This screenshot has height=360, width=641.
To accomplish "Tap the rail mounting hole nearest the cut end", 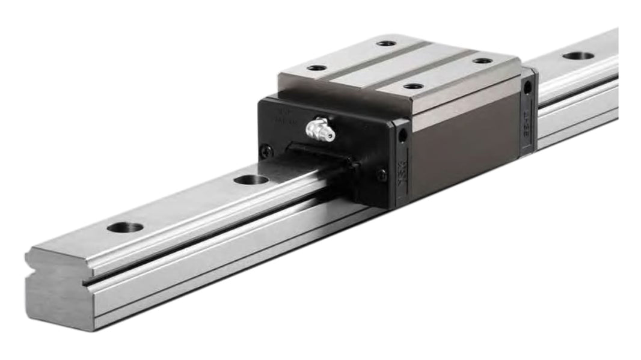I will tap(125, 227).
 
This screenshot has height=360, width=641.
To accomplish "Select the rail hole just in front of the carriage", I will tap(251, 179).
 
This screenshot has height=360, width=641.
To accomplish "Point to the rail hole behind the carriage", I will tap(578, 56).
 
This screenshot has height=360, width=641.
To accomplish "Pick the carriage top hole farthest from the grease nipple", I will tap(482, 61).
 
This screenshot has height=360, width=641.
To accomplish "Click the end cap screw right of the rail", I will tap(381, 175).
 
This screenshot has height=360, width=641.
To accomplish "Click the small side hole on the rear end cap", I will tap(527, 88).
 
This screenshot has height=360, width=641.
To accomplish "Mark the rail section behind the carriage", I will tap(577, 90).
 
